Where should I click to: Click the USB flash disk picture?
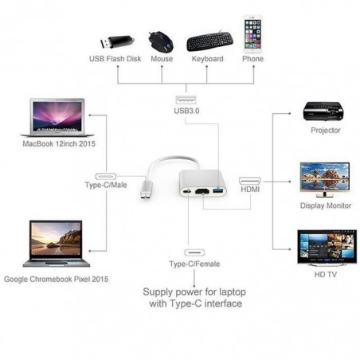point(117,42)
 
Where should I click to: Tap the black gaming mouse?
point(161,41)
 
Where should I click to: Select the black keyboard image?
point(210,41)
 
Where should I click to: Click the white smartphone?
point(252,34)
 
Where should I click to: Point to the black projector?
point(323,111)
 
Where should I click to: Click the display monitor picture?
point(325,179)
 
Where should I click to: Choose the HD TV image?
point(327,248)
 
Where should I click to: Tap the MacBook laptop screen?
point(57,116)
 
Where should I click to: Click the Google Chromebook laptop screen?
point(56,240)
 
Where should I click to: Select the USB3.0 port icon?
point(186,100)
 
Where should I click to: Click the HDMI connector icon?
point(250,181)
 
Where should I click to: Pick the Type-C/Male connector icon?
point(106,176)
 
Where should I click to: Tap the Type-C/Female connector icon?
point(194,252)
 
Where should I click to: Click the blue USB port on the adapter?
point(218,190)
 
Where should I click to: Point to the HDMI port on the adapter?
point(202,191)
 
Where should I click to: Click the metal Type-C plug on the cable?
point(147,190)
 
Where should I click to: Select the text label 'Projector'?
point(326,131)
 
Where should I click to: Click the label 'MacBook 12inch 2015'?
point(59,143)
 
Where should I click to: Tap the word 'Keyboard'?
point(208,59)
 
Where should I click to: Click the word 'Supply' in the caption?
point(158,292)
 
